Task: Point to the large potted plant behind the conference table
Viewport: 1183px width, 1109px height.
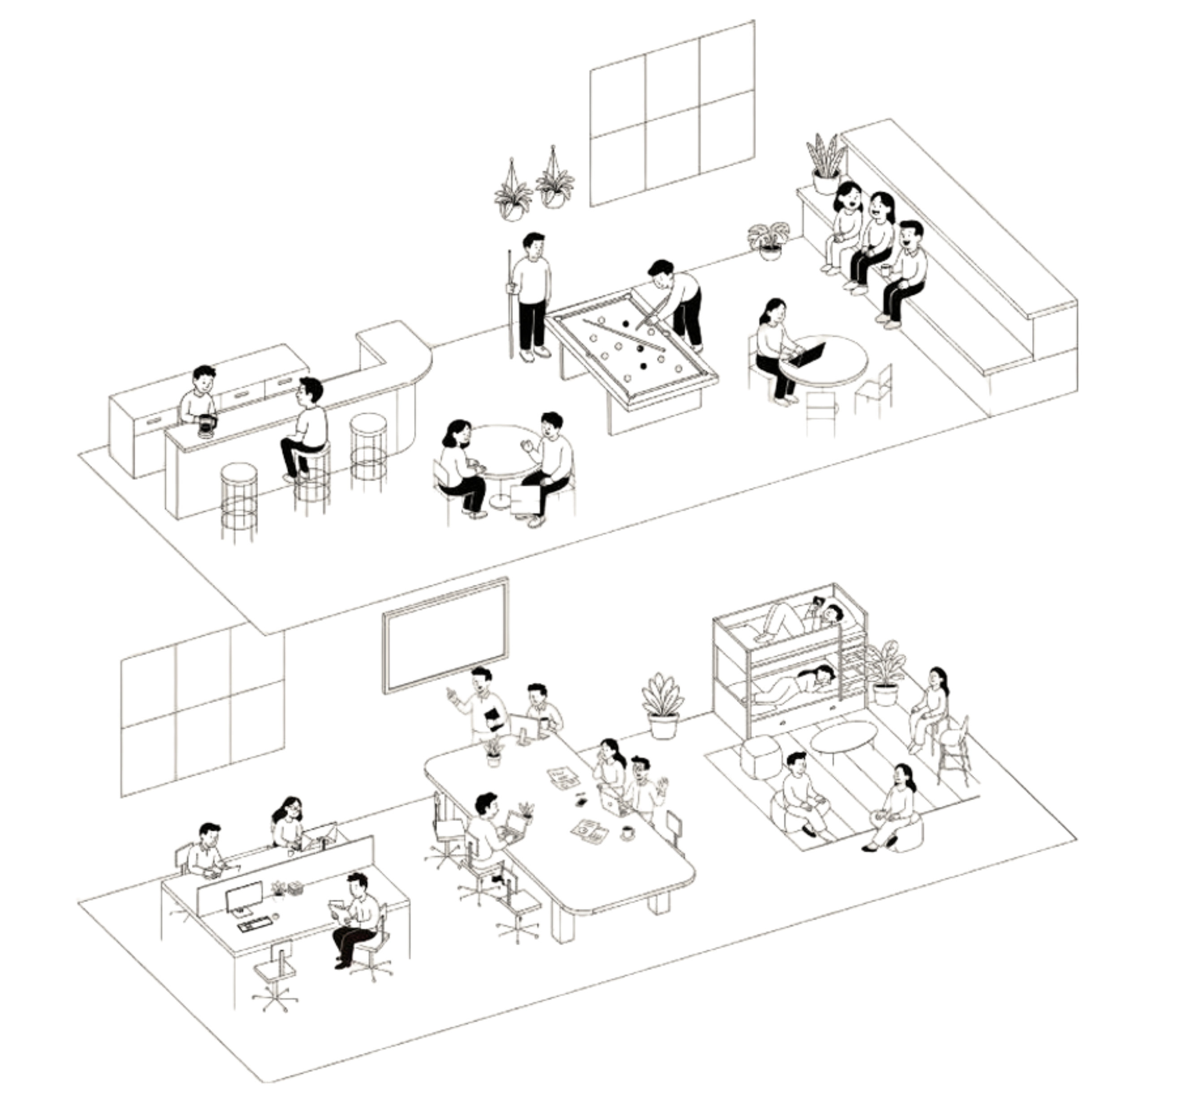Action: (x=662, y=705)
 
